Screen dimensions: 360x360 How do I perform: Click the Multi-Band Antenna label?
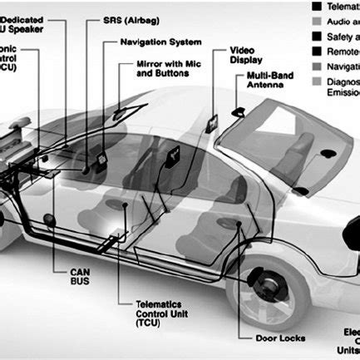pyautogui.click(x=271, y=81)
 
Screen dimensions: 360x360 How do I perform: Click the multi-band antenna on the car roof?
pyautogui.click(x=238, y=110)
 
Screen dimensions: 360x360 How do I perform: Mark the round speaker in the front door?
pyautogui.click(x=49, y=221)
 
